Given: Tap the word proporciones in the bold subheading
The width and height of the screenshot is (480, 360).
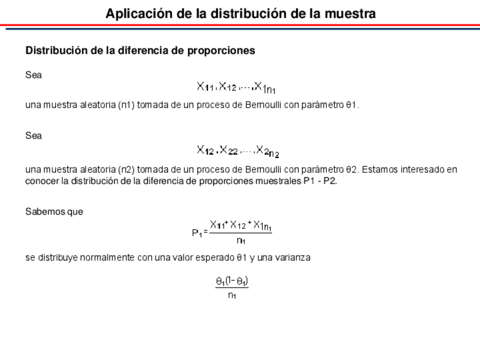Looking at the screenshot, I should [x=224, y=50].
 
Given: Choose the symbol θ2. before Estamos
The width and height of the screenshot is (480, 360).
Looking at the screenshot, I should [x=353, y=169].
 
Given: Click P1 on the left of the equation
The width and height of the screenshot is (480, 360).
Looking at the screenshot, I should [x=196, y=232].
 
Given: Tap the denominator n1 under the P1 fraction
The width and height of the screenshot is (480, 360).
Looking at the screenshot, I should [x=241, y=240].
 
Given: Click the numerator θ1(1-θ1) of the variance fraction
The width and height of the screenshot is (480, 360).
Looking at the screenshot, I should [x=232, y=280].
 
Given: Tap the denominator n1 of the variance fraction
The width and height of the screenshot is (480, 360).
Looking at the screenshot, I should [x=232, y=295].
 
